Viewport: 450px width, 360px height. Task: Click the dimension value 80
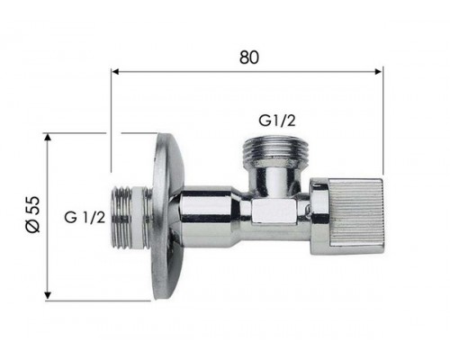click(x=249, y=56)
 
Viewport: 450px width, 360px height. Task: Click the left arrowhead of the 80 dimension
click(x=116, y=69)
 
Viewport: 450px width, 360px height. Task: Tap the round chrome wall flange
click(x=164, y=216)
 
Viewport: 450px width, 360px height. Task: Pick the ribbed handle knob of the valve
click(x=347, y=216)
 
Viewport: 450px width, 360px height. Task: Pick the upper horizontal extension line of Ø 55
click(x=99, y=133)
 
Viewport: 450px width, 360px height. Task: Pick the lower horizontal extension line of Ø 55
click(x=99, y=300)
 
